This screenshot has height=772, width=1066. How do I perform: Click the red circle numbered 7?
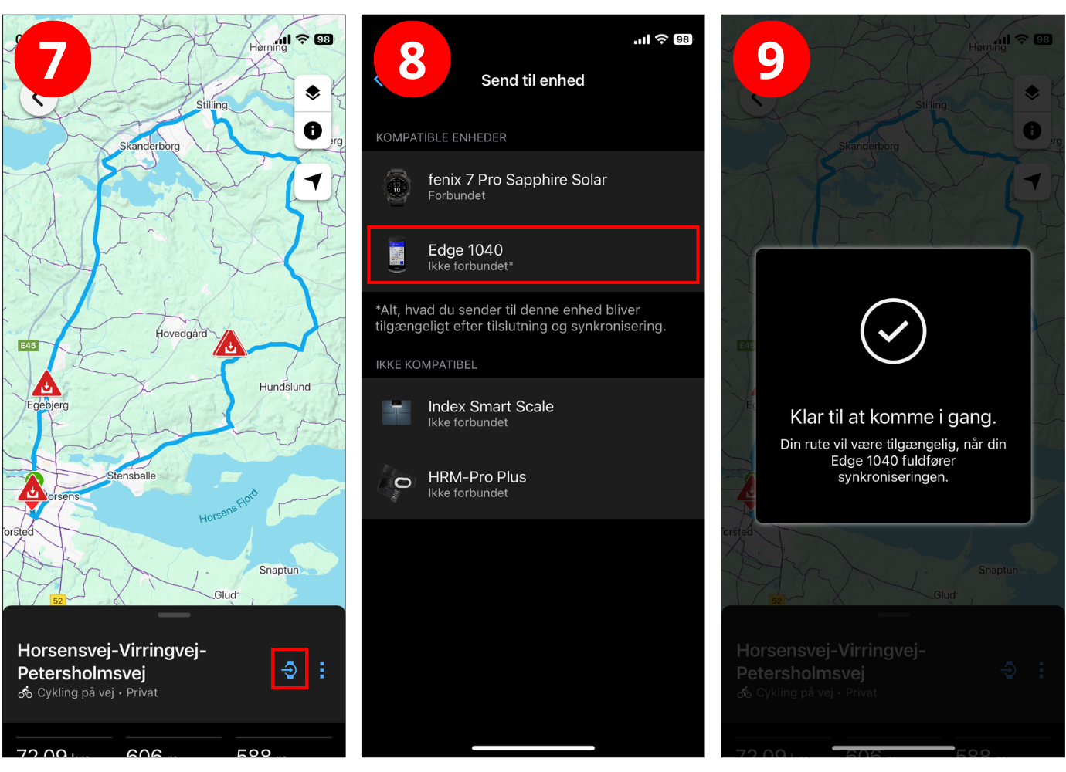pos(53,59)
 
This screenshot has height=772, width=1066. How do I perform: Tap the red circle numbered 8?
pos(412,59)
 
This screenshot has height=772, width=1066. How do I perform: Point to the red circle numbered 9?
pos(771,59)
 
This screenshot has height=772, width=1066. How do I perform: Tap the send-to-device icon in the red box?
pos(290,669)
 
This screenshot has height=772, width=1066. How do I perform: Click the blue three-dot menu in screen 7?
pos(322,670)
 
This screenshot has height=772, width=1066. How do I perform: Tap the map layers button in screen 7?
pos(313,93)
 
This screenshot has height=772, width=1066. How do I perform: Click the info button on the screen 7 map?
pos(313,130)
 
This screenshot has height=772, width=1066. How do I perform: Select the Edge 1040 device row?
pos(533,256)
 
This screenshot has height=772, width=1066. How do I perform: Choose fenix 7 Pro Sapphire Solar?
pos(533,186)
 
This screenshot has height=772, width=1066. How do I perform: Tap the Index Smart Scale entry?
pos(533,413)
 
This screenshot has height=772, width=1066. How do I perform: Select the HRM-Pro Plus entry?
pos(533,483)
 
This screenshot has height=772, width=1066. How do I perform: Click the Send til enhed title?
pos(533,80)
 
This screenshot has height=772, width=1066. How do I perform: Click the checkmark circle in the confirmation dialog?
pos(893,331)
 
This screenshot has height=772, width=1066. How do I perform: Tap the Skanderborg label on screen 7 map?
pos(150,146)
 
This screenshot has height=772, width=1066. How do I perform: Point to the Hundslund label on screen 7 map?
pos(285,387)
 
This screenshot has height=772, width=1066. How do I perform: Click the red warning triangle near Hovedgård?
pos(229,344)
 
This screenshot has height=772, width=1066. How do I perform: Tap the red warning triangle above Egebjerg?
pos(46,384)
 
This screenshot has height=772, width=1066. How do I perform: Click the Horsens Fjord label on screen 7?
pos(229,506)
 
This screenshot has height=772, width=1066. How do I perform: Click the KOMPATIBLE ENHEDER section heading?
pos(441,137)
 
